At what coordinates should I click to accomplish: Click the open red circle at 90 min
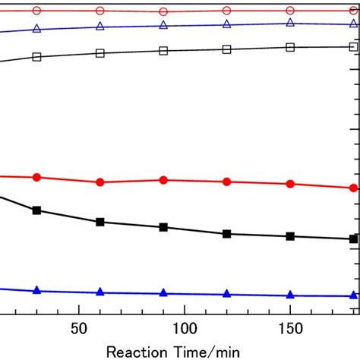click(x=163, y=12)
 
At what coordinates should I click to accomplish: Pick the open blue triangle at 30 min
click(x=36, y=29)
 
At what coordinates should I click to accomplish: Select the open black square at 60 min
click(x=99, y=53)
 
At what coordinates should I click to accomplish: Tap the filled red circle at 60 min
click(x=99, y=182)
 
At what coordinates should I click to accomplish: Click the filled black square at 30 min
click(x=36, y=210)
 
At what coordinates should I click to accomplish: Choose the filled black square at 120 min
click(x=226, y=234)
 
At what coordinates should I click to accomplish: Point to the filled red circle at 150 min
click(x=289, y=184)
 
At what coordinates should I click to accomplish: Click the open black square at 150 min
click(x=289, y=47)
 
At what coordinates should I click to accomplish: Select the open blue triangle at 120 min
click(x=226, y=24)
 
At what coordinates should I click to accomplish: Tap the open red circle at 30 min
click(x=36, y=11)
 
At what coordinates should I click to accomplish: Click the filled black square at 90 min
click(x=163, y=227)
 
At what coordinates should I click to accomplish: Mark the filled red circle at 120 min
click(x=226, y=182)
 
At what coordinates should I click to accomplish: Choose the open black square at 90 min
click(x=163, y=51)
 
